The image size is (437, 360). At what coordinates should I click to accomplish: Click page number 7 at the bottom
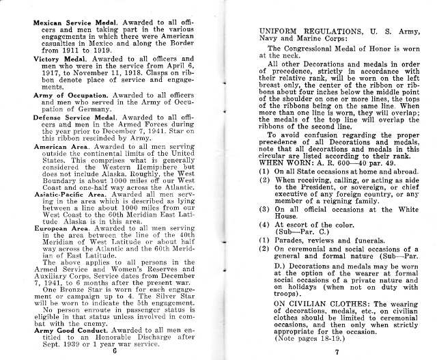337,352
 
